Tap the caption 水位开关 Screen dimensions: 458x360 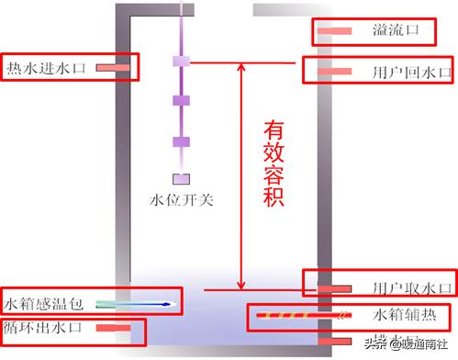(x=181, y=199)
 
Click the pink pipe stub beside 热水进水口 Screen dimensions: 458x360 (x=114, y=68)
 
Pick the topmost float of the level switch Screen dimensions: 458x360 (x=182, y=61)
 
